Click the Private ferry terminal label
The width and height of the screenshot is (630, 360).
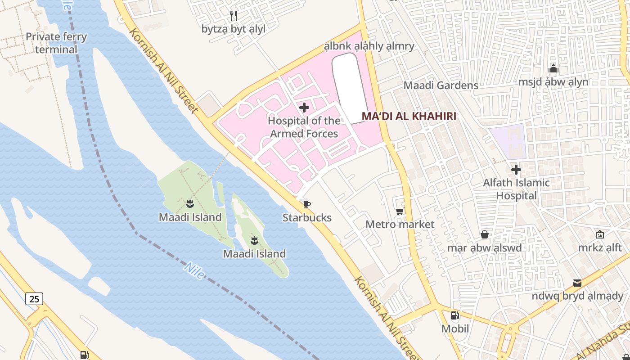(56, 43)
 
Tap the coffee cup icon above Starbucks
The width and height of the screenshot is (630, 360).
(307, 205)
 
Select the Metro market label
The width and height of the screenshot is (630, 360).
(400, 224)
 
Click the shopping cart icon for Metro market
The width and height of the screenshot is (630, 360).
(400, 211)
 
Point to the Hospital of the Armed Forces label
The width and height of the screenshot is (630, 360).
(304, 127)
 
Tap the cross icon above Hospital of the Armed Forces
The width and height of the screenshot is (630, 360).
(304, 108)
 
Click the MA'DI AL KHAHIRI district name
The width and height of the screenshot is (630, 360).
(409, 117)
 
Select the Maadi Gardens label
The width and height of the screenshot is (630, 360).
(441, 85)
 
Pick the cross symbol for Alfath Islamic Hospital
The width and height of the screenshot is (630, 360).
(516, 170)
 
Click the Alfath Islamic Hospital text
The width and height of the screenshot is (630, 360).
(516, 189)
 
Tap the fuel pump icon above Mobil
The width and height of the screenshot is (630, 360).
(454, 315)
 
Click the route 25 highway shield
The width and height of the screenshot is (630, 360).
(34, 298)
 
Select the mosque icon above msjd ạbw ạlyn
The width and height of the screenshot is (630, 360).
(553, 69)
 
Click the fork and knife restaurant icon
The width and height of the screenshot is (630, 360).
(233, 16)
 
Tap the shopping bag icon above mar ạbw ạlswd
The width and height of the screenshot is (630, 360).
(484, 234)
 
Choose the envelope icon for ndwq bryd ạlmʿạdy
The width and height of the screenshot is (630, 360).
(577, 283)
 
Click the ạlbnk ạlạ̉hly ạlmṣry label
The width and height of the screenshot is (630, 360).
(369, 46)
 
